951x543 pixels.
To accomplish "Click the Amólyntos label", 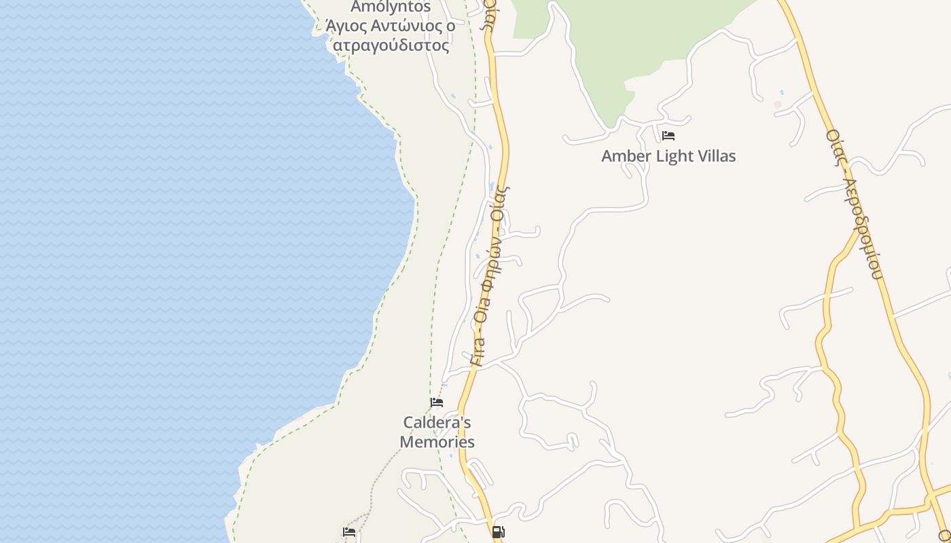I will [391, 7].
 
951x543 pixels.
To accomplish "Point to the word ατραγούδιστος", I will [391, 45].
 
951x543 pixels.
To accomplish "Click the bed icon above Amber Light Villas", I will [668, 136].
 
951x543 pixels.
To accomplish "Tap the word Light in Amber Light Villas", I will [675, 156].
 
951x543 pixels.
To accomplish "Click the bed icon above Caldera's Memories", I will [437, 402].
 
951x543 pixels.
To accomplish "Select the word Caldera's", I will [437, 423].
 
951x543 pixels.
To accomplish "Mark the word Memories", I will [437, 442].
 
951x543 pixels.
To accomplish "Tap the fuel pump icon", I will [498, 532].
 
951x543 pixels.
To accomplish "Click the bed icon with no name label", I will [349, 532].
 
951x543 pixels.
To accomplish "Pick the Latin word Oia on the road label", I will [482, 316].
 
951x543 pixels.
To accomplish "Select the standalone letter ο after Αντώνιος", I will [450, 26].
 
